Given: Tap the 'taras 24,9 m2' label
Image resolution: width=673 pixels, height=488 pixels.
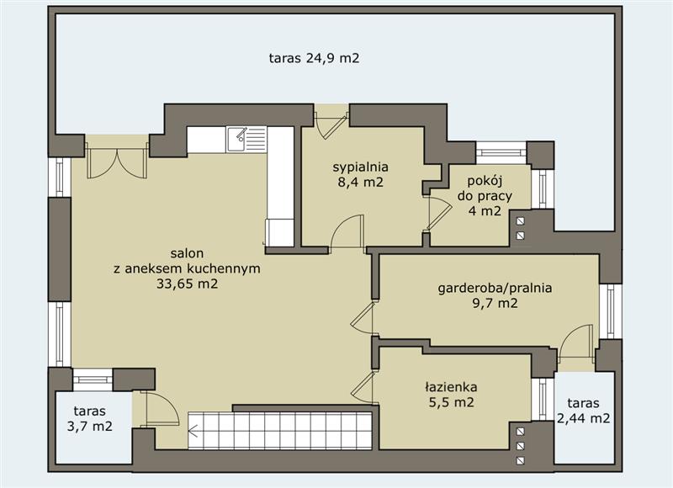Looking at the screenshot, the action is coord(314,58).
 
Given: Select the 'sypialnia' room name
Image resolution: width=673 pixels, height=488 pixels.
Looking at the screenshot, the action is coord(361,167).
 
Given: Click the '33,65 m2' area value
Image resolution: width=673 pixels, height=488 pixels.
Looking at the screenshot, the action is coord(187,284).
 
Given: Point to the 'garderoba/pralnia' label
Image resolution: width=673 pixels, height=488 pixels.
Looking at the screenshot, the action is coord(495,288).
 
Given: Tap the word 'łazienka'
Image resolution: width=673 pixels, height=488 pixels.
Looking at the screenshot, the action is coord(451,387).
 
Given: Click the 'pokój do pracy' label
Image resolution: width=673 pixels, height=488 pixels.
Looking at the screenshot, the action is coord(485,188).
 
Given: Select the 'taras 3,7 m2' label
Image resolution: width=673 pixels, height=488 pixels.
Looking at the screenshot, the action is coord(90,418).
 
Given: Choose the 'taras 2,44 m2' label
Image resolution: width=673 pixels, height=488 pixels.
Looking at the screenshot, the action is coord(583,411).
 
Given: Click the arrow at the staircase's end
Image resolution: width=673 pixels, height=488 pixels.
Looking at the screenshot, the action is coord(193,431).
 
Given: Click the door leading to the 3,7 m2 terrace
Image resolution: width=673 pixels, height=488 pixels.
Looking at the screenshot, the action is coord(160,409).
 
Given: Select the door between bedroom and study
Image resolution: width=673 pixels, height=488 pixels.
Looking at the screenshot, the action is coord(437,215).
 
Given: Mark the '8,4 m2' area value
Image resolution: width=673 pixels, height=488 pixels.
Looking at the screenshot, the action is coord(361,182).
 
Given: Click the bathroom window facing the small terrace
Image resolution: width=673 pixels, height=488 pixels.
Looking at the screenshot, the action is coord(543,399).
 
